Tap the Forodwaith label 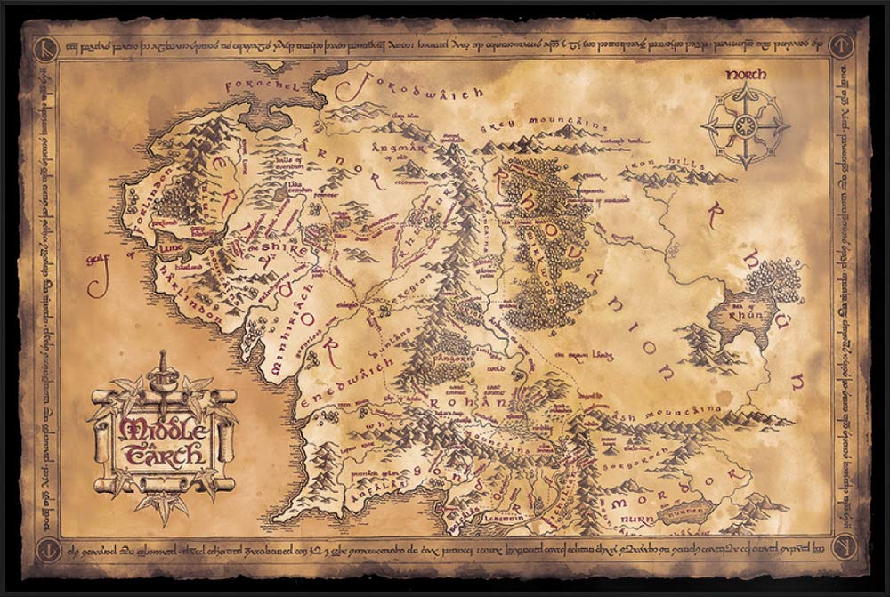tap(417, 86)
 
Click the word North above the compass tap(746, 69)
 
